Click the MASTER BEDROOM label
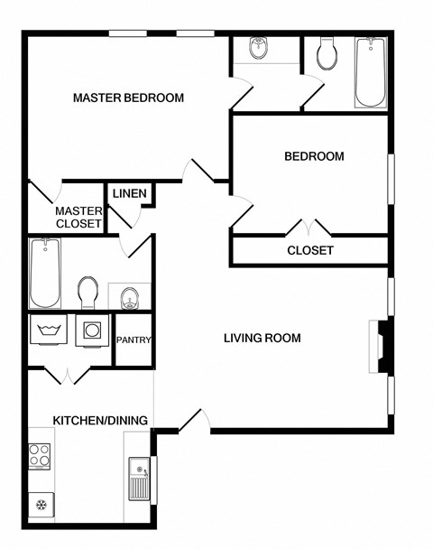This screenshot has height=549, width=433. pos(128,98)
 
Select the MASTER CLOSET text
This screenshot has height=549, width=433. pos(78,218)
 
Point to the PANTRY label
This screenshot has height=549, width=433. pos(134,340)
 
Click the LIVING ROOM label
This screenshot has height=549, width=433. pos(262,339)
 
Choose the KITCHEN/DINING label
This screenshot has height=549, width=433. pos(100,420)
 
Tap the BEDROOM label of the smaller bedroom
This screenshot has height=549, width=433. pos(314,156)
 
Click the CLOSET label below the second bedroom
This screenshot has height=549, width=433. pos(310,250)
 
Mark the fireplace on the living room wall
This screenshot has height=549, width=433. pos(381,346)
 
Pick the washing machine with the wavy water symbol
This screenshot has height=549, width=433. pos(47,330)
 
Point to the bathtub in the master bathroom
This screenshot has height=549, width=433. pos(44,274)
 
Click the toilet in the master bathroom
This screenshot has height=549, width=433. pos(88,291)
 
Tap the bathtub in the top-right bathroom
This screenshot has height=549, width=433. pos(370,72)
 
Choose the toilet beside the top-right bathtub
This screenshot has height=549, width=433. pos(327,54)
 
